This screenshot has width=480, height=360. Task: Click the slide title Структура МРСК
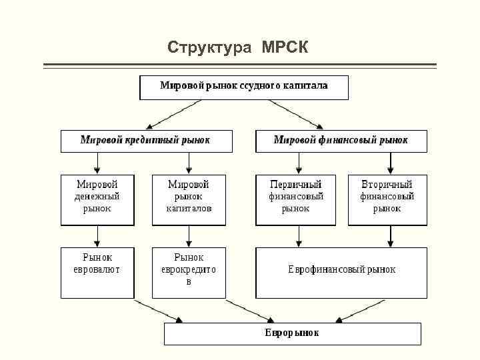point(238,47)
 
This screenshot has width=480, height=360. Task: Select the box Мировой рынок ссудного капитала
point(243,87)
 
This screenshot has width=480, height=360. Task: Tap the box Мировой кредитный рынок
point(147,141)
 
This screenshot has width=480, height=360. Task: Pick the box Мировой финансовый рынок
point(341,141)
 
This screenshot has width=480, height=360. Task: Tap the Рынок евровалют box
point(97,273)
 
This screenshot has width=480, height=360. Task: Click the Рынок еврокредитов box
point(189,273)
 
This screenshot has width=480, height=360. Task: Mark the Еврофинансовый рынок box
point(341,273)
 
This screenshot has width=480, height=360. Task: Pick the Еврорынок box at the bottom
point(292,333)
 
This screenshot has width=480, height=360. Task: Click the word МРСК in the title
point(285,47)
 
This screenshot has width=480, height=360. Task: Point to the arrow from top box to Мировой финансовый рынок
point(296,113)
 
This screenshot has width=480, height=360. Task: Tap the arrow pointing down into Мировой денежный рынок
point(97,163)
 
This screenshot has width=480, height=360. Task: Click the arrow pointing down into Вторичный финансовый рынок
point(390,163)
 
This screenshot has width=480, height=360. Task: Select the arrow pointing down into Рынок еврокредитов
point(189,236)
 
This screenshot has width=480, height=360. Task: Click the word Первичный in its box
point(296,185)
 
